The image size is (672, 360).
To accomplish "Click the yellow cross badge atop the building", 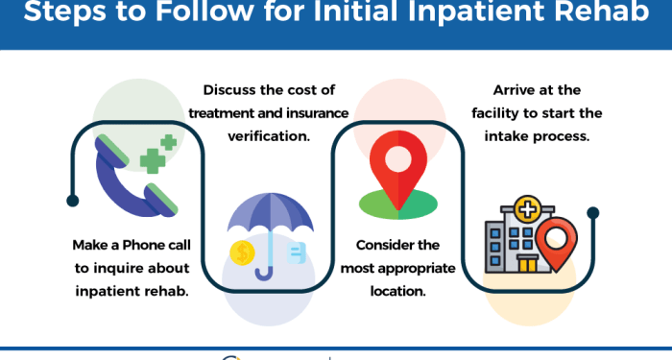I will (x=528, y=208).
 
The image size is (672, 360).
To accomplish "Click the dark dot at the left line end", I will (x=72, y=201).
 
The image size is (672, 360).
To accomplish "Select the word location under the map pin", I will (x=396, y=290).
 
